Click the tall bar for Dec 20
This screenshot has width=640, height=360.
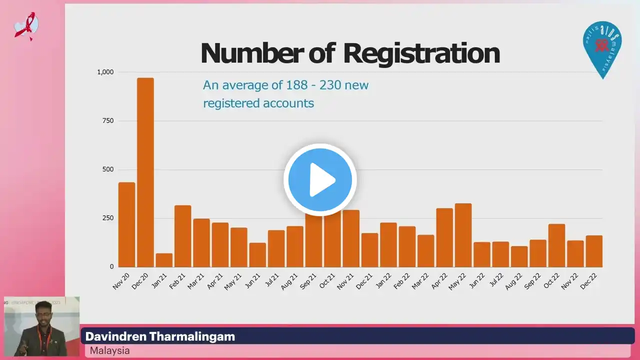[145, 172]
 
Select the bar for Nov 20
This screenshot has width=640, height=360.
[126, 224]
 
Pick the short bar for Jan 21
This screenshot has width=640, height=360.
[164, 260]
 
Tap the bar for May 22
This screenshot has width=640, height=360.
[463, 235]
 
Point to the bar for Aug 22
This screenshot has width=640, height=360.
[519, 256]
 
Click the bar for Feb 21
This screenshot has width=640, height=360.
[182, 236]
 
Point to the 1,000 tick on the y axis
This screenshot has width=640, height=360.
[105, 72]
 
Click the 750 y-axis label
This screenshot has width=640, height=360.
[108, 120]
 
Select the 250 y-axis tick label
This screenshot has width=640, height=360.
[108, 218]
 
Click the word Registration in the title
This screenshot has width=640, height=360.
[421, 53]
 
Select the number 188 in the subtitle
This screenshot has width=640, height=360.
[296, 85]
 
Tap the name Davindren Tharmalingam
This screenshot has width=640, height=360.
[160, 336]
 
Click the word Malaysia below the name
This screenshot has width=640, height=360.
[109, 350]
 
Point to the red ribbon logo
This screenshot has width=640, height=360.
[25, 26]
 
